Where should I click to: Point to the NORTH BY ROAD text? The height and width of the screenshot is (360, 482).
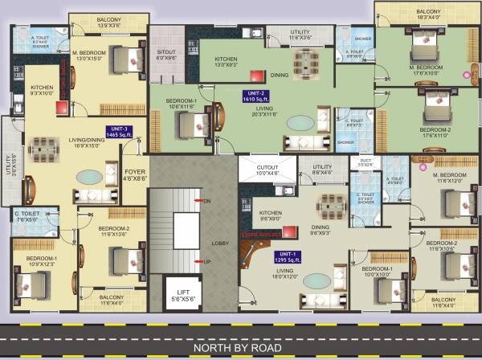[x=241, y=348]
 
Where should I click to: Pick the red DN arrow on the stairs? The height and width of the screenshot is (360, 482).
[x=198, y=200]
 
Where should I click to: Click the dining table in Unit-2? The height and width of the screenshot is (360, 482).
[x=307, y=63]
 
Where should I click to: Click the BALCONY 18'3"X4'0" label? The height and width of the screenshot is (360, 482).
[x=418, y=14]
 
